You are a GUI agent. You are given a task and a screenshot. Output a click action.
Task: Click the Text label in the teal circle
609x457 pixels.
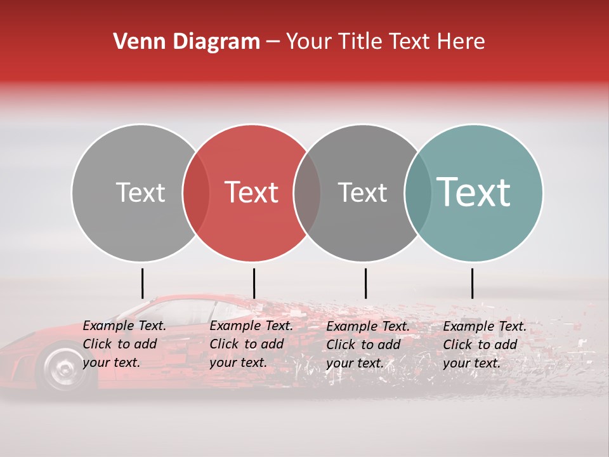coord(474,192)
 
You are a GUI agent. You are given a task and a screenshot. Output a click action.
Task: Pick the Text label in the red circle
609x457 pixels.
coord(252,192)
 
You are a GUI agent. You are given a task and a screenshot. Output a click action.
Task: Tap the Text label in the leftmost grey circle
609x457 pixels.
coord(140,192)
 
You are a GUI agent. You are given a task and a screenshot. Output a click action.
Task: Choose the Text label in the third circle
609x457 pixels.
coord(362,192)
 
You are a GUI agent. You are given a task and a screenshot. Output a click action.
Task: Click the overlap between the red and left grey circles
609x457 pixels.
coord(196,192)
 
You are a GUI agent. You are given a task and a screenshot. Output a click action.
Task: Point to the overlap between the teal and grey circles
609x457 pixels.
coord(418,192)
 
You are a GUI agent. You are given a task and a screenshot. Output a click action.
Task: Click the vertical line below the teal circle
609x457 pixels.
coord(472,283)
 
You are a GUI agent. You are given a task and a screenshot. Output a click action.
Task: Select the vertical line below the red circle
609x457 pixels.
coord(254,283)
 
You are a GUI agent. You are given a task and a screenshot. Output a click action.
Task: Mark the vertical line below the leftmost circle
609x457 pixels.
coord(143,283)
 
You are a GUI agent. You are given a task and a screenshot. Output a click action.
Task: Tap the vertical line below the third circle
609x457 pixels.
coord(365,283)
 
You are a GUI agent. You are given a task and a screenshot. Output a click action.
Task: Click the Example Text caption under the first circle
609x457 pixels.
coord(124,344)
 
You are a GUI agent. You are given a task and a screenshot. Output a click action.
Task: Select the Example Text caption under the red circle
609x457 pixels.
coord(251,344)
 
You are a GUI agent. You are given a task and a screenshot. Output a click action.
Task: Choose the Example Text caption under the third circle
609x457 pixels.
coord(368,345)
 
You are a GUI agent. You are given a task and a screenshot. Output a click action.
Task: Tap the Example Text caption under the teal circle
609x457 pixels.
coord(485,345)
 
